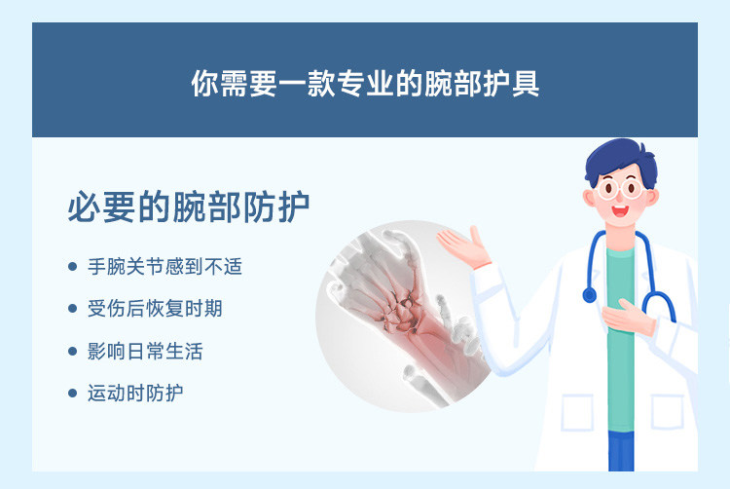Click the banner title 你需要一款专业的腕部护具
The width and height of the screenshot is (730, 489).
(365, 84)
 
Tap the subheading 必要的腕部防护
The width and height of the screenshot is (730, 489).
(189, 207)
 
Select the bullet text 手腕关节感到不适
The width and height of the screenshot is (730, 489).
(164, 267)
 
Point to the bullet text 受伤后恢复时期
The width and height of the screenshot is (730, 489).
(155, 309)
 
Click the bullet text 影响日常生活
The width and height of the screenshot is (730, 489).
(145, 351)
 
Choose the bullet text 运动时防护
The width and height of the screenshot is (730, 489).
(135, 394)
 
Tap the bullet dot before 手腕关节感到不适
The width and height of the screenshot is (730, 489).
(72, 267)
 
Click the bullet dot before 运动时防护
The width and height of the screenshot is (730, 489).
(72, 394)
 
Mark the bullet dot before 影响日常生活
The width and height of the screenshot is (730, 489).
(72, 351)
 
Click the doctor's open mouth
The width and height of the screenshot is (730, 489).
(620, 211)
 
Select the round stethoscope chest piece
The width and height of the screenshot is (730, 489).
(590, 295)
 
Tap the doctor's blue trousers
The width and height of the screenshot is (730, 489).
(621, 451)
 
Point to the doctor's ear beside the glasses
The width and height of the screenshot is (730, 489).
(589, 198)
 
